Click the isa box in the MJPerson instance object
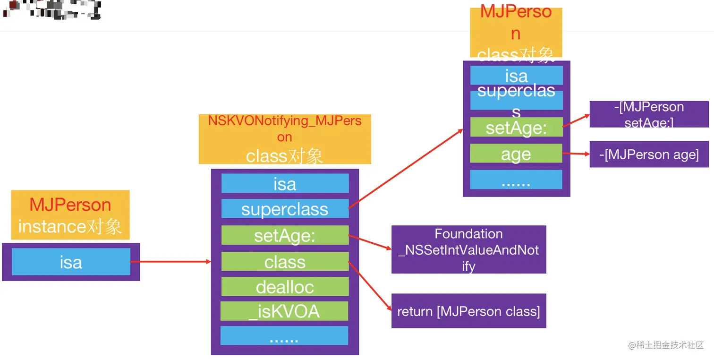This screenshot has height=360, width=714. pos(71,262)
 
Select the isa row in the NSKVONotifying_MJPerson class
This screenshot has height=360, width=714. pos(285,183)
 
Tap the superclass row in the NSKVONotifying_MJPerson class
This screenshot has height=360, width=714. pos(285,209)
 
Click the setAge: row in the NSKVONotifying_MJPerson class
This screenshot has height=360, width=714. pos(285,235)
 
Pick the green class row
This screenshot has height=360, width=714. pos(285,261)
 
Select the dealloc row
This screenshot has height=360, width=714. pos(285,286)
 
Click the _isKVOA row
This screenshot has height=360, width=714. pos(285,311)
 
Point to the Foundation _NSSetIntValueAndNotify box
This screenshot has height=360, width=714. pos(468,249)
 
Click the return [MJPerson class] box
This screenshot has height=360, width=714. pos(468,311)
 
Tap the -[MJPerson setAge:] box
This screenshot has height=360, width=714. pos(649,114)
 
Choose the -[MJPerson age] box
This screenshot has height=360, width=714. pos(649,154)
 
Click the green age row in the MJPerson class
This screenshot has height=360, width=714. pos(516,154)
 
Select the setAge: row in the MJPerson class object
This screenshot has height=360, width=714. pos(516,128)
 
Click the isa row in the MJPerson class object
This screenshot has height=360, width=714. pos(516,76)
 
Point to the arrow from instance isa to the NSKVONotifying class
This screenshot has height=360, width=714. pos(170,261)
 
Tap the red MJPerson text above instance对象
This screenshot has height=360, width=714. pos(70,205)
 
